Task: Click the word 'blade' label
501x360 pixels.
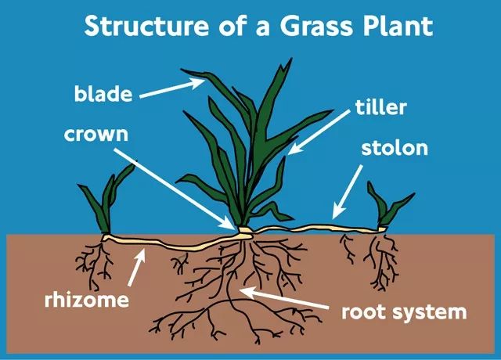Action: tap(102, 95)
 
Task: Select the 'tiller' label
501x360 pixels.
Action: tap(380, 107)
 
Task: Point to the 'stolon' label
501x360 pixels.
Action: tap(395, 148)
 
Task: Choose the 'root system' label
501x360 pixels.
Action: tap(403, 311)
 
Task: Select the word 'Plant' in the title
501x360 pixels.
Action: tap(393, 26)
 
